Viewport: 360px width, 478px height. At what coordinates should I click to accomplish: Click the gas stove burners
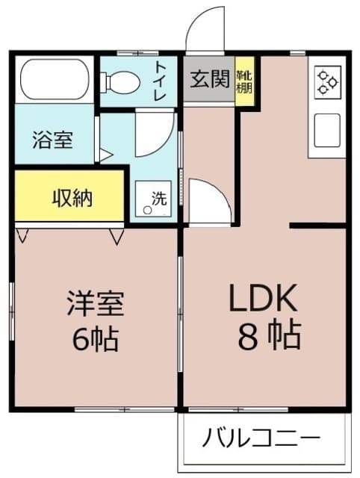point(327,81)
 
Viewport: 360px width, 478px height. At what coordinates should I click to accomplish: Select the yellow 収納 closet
point(70,198)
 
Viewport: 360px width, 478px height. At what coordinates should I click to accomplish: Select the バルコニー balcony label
point(261,437)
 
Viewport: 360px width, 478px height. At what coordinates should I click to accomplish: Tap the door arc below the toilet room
point(155,135)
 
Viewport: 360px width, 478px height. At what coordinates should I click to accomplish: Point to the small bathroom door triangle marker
point(105,156)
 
